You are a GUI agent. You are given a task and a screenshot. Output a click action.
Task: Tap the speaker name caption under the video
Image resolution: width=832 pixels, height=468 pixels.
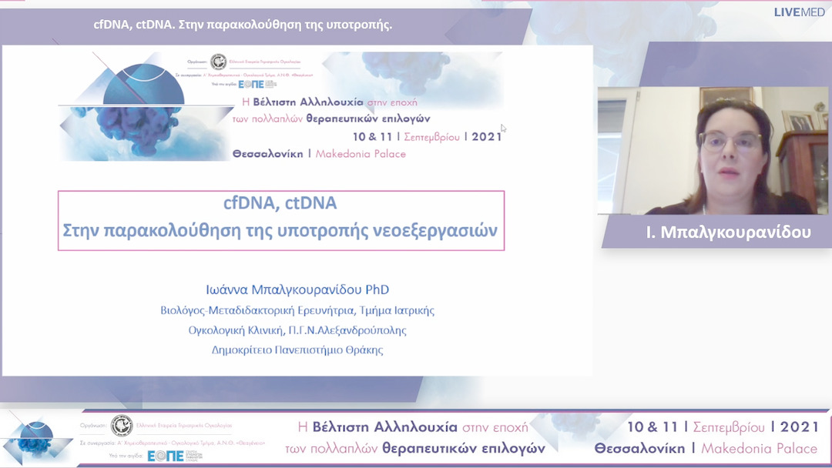[x=728, y=232]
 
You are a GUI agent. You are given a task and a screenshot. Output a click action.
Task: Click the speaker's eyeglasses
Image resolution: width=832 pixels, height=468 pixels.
[x=730, y=142]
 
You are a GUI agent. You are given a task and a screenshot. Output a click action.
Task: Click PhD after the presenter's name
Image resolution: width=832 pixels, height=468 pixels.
[x=371, y=289]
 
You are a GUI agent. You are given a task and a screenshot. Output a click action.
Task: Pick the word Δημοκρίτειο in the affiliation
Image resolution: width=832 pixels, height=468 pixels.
[x=244, y=349]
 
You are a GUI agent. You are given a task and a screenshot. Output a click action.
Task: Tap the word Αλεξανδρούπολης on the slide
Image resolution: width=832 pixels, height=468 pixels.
[x=361, y=330]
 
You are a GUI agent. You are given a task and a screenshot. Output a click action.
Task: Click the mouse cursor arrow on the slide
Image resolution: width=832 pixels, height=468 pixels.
[x=503, y=129]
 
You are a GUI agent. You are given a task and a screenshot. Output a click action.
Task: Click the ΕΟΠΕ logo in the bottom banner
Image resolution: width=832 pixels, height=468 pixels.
[x=166, y=456]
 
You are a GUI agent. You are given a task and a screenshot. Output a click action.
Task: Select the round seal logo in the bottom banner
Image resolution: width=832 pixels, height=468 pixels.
[x=121, y=426]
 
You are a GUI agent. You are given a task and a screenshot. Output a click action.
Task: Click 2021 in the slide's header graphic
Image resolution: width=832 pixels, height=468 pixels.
[x=487, y=136]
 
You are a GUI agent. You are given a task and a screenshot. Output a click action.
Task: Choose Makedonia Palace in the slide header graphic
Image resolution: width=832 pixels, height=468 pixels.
[x=361, y=153]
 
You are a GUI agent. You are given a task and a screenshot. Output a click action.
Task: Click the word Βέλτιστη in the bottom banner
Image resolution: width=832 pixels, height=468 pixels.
[x=341, y=427]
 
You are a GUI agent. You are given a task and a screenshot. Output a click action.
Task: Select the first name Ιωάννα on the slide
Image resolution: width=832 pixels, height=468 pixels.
[x=229, y=289]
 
